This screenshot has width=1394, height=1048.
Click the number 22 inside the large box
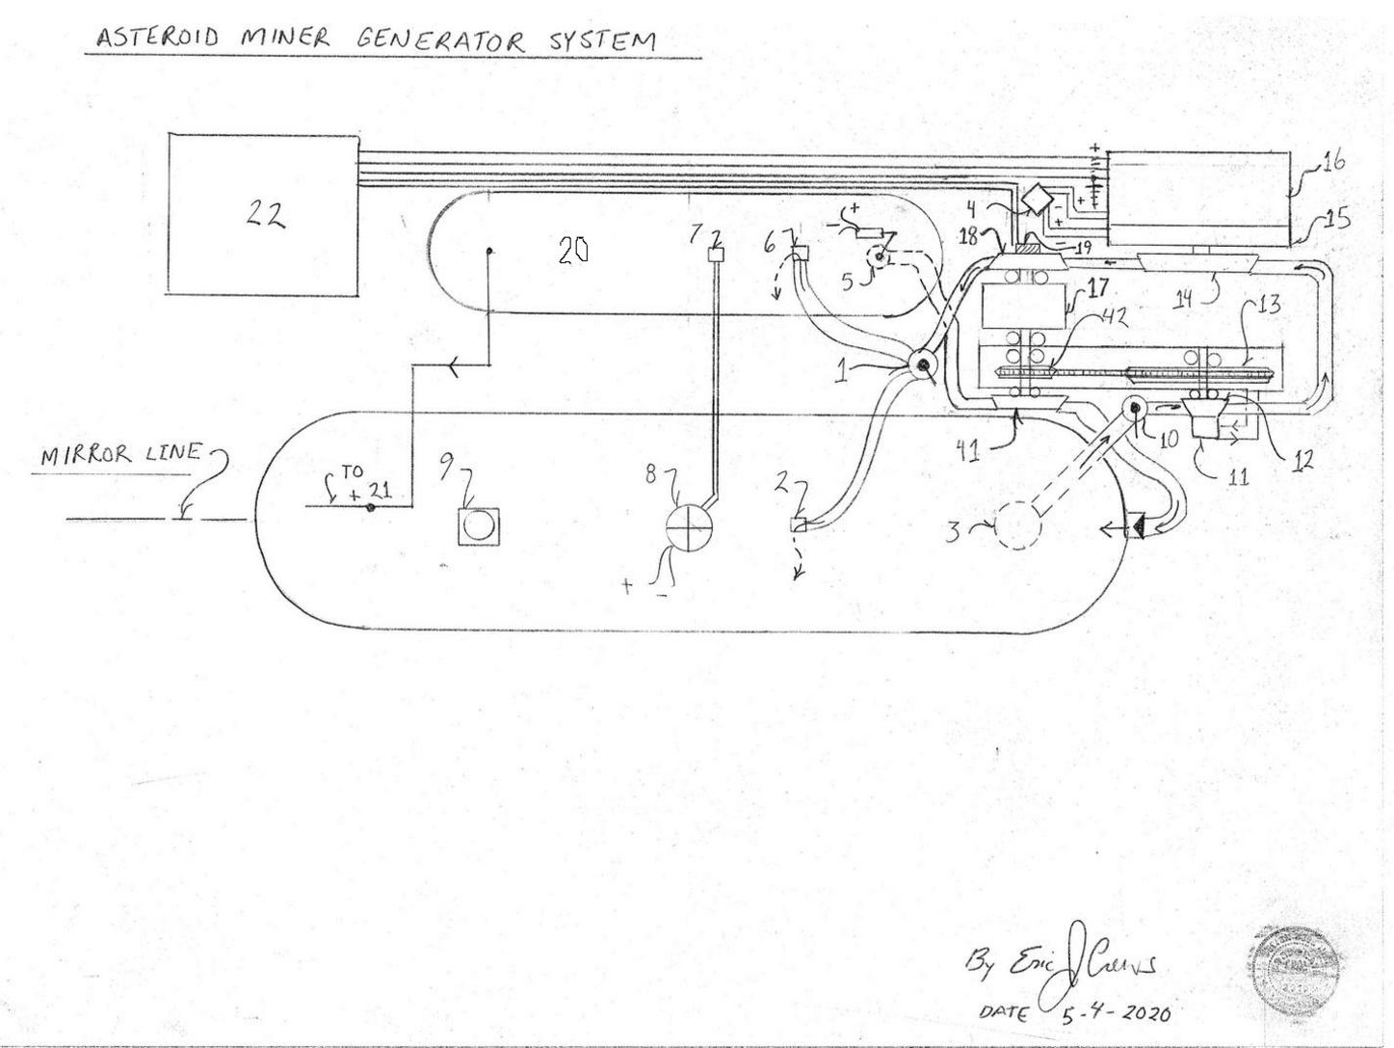(x=264, y=216)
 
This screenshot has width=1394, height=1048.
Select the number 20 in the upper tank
(x=573, y=252)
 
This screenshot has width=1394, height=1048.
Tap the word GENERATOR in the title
(x=442, y=40)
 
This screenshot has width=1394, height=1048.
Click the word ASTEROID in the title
(x=156, y=38)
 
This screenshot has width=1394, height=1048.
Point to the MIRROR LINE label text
(x=121, y=453)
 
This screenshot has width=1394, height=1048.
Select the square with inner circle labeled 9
(x=479, y=525)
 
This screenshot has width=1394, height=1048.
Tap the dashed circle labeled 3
(x=1019, y=527)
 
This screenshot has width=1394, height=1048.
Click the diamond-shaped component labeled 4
(x=1038, y=198)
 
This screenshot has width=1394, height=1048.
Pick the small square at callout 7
(x=717, y=255)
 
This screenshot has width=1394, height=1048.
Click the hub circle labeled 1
(x=922, y=365)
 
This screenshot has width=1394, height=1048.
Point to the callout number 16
(x=1332, y=162)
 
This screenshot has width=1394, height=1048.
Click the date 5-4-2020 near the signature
(x=1118, y=1012)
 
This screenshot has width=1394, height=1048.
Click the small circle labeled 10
(x=1135, y=409)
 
